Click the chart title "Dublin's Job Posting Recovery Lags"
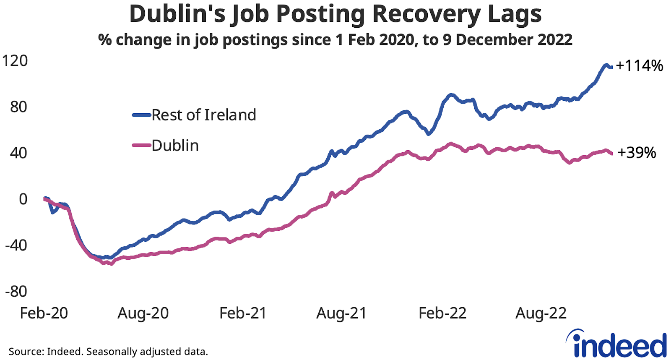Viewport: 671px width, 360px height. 335,14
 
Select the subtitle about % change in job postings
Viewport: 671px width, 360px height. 335,40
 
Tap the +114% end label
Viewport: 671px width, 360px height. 639,65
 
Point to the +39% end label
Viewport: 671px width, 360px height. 637,153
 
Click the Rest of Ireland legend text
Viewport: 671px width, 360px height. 203,115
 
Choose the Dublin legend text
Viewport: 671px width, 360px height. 175,146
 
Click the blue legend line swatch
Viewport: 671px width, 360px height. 141,115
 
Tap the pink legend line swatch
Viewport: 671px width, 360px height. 141,146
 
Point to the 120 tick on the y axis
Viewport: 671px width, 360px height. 15,61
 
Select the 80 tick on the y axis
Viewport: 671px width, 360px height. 18,107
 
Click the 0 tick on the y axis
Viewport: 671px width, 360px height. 23,199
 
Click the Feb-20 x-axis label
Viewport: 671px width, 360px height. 44,313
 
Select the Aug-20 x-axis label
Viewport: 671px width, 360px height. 143,313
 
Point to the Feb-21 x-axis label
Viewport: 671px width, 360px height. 243,313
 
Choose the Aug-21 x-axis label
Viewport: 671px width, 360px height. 341,313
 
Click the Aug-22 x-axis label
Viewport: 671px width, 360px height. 541,313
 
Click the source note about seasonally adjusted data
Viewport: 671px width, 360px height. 108,351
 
